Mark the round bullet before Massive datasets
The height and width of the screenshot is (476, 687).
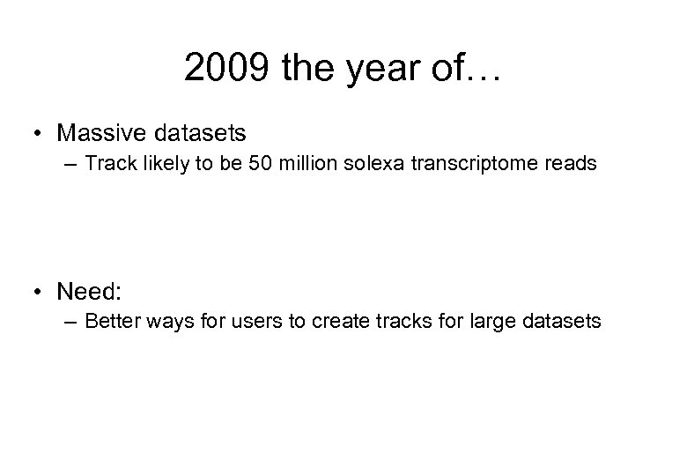[x=39, y=134]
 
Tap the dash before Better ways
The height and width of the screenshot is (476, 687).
[x=72, y=321]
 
